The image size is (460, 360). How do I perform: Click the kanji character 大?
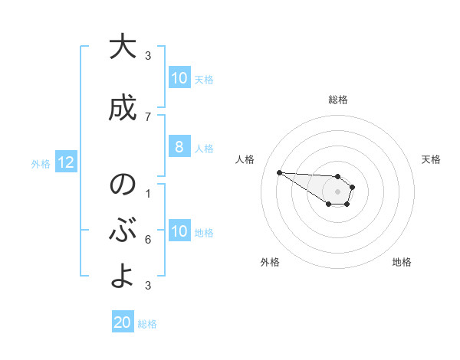123,47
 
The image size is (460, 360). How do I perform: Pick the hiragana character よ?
123,277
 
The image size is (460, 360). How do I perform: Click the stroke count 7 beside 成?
148,116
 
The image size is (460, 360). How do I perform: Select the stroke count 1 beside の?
148,193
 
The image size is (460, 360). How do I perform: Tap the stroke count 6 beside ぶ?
148,239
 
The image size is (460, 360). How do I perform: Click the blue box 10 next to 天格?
179,78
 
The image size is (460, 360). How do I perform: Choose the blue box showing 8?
179,147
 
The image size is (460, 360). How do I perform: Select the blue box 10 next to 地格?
179,231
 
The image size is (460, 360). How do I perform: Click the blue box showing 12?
65,162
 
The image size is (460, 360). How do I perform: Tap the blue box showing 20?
123,322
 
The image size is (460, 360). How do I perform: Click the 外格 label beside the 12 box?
41,163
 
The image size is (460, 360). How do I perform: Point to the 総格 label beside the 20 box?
147,323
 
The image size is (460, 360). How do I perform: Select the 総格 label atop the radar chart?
338,100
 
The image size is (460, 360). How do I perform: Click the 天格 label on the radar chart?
431,159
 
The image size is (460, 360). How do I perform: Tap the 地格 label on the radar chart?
402,262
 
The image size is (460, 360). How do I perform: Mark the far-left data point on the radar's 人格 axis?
279,172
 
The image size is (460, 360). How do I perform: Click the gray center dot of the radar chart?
338,191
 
